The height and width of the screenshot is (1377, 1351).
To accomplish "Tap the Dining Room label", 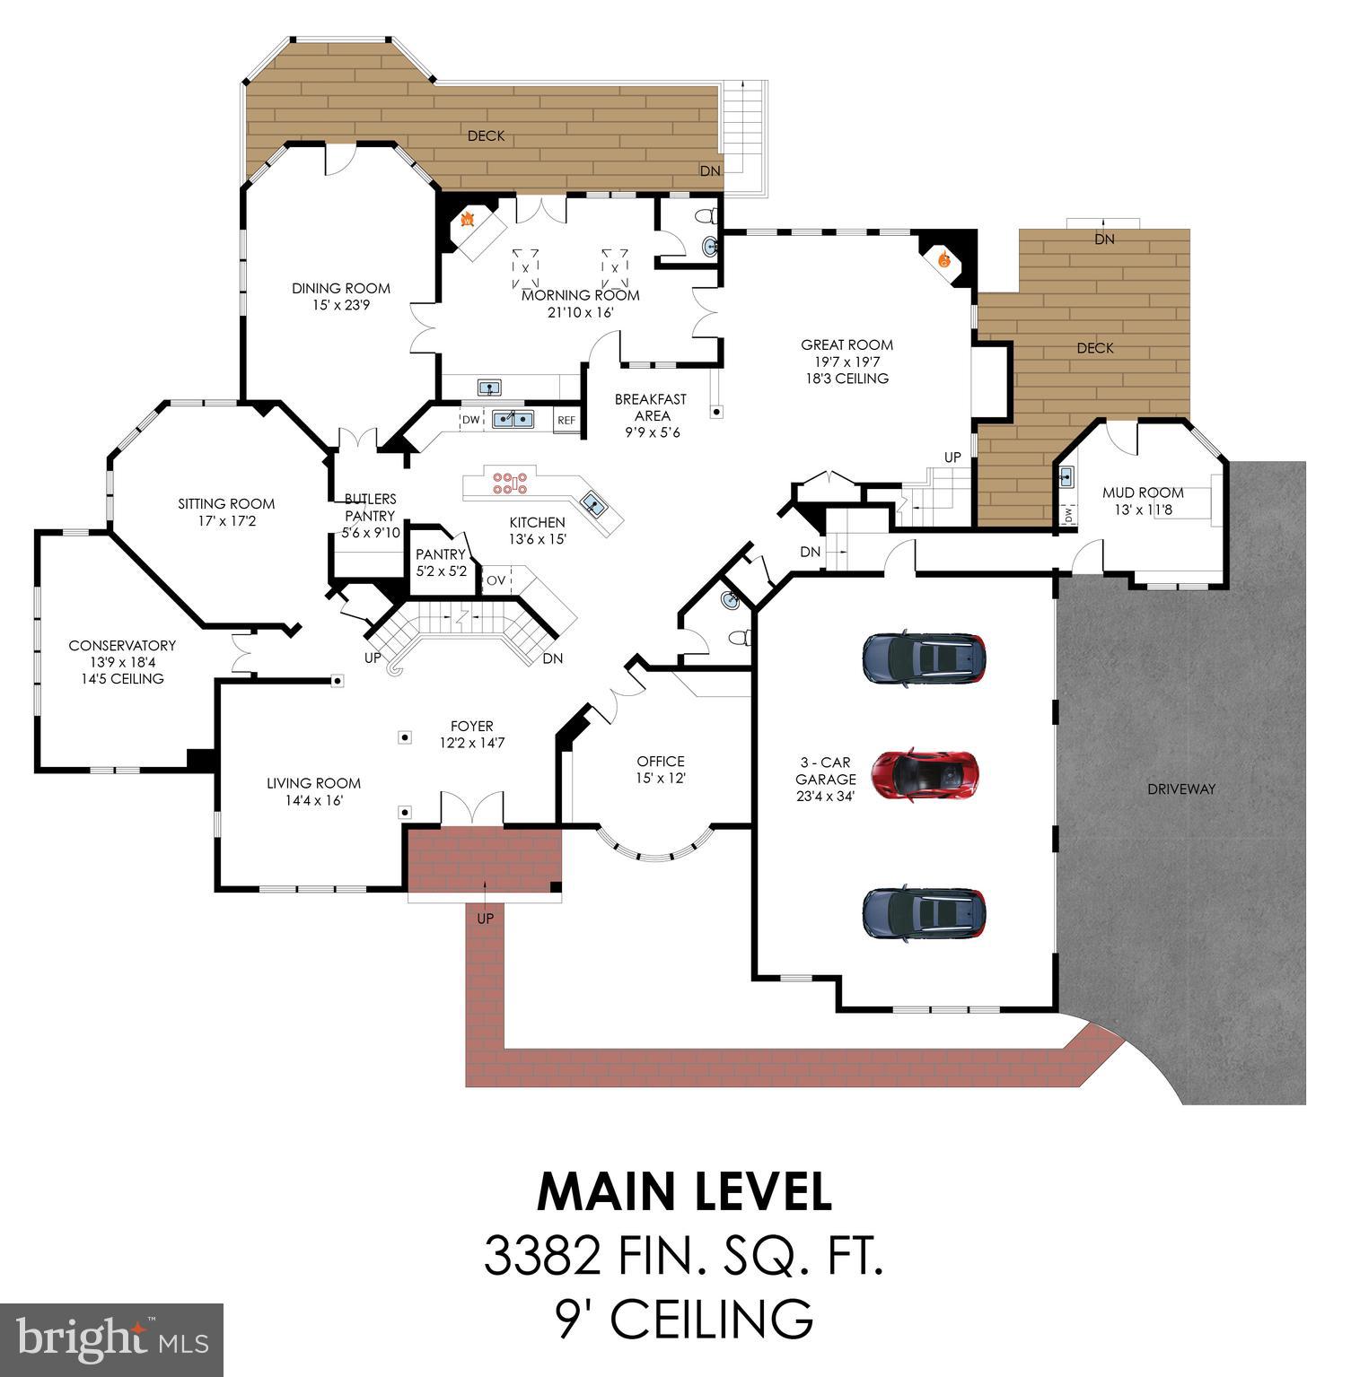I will point(341,296).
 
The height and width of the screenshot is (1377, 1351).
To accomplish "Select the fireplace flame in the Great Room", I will point(943,260).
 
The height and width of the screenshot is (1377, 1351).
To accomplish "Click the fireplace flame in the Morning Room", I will point(468,220).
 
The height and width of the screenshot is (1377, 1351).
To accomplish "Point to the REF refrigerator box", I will point(566,420).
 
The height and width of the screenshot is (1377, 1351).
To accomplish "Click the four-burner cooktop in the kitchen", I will point(508,483).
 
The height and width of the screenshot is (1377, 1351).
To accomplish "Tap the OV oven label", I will point(496,580).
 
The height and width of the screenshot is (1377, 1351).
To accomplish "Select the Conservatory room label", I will point(122,661).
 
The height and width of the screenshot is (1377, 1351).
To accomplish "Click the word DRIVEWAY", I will point(1181,789).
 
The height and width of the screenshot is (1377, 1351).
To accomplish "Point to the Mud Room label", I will point(1143,500).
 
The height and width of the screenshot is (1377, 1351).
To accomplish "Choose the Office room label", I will point(661,769).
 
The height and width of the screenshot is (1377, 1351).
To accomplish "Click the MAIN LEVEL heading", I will point(684,1192).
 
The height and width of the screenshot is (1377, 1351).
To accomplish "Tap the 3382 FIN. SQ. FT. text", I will point(684,1256).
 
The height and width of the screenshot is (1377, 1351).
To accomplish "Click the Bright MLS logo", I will point(111,1339).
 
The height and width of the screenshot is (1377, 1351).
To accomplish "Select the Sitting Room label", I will point(226,511).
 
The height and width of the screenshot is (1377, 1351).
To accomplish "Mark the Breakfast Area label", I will point(651,415).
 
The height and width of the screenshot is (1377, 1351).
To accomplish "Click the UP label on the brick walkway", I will point(485,919).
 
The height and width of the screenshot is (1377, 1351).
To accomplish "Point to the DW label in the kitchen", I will point(470,420).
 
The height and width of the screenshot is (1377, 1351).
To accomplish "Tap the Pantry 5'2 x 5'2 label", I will point(441,562).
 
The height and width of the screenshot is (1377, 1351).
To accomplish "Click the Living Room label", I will point(313,791).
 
